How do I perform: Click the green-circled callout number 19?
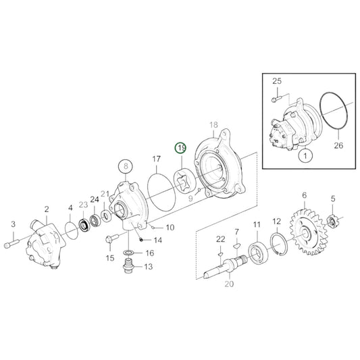(x=181, y=149)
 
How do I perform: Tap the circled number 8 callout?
(x=126, y=166)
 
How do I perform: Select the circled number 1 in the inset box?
(x=305, y=156)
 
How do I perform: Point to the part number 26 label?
(x=338, y=145)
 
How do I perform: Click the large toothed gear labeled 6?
(x=306, y=232)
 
